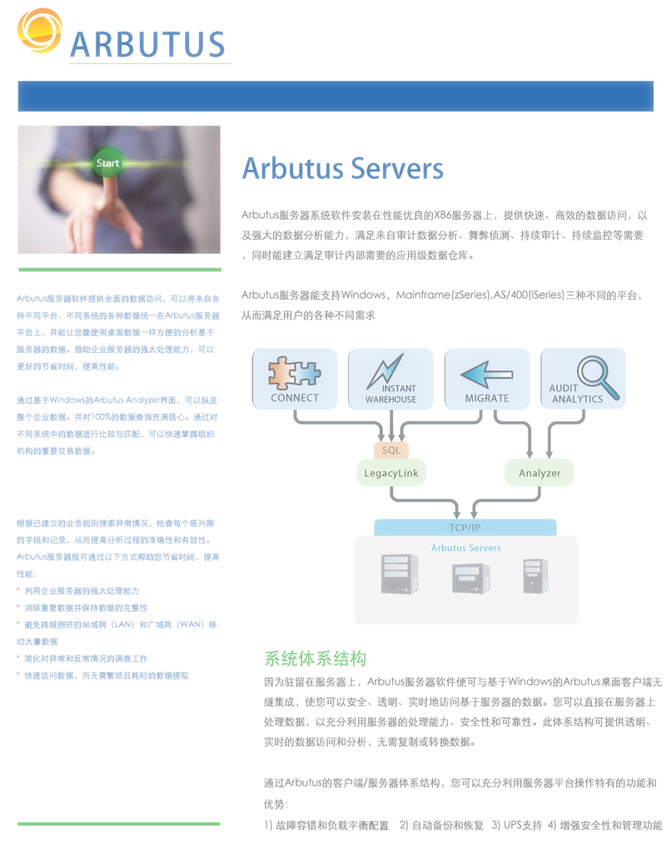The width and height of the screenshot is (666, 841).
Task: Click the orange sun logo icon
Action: (x=39, y=31)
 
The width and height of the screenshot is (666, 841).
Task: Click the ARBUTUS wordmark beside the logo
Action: (x=147, y=44)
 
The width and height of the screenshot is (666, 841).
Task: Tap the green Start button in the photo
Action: (x=107, y=163)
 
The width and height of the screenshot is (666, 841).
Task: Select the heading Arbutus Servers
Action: (x=343, y=168)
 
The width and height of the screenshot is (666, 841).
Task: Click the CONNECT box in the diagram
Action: (x=295, y=379)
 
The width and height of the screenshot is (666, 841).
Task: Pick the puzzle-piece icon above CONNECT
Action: (x=295, y=372)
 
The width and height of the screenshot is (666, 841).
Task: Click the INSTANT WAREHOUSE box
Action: (x=390, y=379)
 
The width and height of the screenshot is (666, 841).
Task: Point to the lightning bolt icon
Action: (x=385, y=371)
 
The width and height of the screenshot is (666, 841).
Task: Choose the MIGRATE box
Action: (x=487, y=379)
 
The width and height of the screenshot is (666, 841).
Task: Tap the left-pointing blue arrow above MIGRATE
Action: (x=486, y=375)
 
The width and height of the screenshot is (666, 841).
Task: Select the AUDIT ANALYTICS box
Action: (x=583, y=379)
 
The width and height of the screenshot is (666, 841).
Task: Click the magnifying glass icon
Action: (x=598, y=377)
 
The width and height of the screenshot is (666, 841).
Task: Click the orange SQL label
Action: (x=391, y=450)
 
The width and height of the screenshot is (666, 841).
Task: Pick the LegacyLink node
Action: (x=391, y=472)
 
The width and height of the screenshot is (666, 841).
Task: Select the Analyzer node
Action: (x=539, y=472)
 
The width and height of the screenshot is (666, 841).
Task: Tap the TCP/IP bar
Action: (x=465, y=527)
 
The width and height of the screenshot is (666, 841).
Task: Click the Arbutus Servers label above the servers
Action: (x=466, y=548)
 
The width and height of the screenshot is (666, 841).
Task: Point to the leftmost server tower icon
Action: (x=400, y=574)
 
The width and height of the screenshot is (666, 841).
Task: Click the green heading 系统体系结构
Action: (x=316, y=658)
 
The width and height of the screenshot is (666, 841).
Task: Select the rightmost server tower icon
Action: (x=535, y=575)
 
